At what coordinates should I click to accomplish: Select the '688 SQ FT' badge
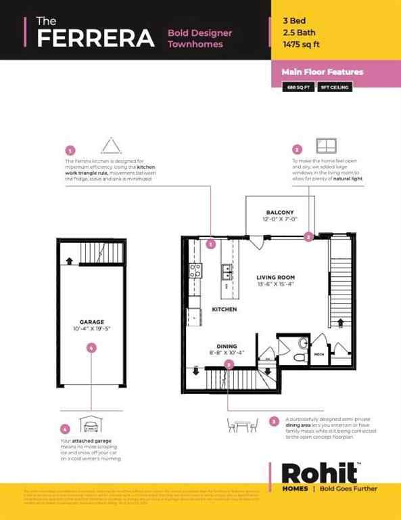(298, 87)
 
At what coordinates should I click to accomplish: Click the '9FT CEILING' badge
(335, 87)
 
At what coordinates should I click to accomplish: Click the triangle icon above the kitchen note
(110, 146)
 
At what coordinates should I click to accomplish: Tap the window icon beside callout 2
(326, 146)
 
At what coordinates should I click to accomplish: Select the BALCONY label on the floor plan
(279, 216)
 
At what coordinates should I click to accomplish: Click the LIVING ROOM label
(275, 281)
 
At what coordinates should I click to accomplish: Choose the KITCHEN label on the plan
(224, 309)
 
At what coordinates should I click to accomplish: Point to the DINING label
(227, 346)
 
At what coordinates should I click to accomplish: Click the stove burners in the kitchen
(195, 272)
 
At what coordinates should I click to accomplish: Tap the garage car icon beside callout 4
(91, 425)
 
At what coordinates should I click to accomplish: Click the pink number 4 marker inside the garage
(91, 348)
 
